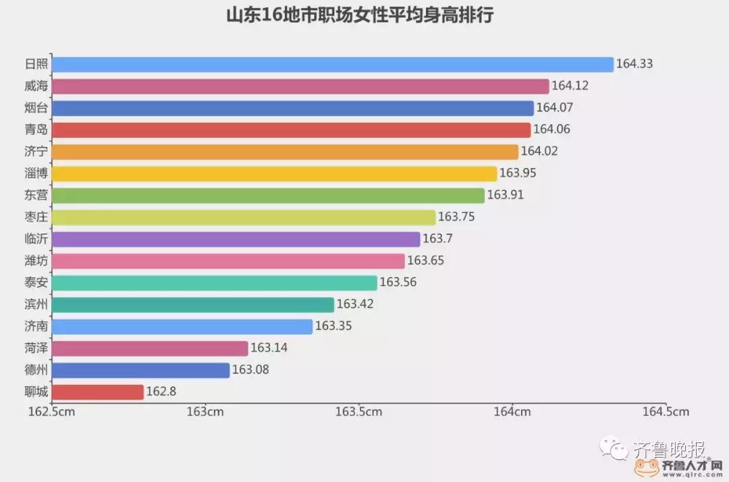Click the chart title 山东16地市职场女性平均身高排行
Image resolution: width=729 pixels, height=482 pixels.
pyautogui.click(x=359, y=16)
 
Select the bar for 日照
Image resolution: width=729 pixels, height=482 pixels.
pyautogui.click(x=332, y=65)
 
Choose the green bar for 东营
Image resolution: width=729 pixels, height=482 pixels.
pyautogui.click(x=268, y=196)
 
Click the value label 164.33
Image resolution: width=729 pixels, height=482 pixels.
pyautogui.click(x=634, y=65)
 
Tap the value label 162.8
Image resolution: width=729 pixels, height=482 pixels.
pyautogui.click(x=161, y=392)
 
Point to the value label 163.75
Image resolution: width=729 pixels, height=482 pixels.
pyautogui.click(x=456, y=217)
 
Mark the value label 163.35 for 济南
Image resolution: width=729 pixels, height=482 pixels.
pyautogui.click(x=333, y=327)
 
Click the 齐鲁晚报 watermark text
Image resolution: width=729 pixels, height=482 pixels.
pyautogui.click(x=669, y=449)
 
